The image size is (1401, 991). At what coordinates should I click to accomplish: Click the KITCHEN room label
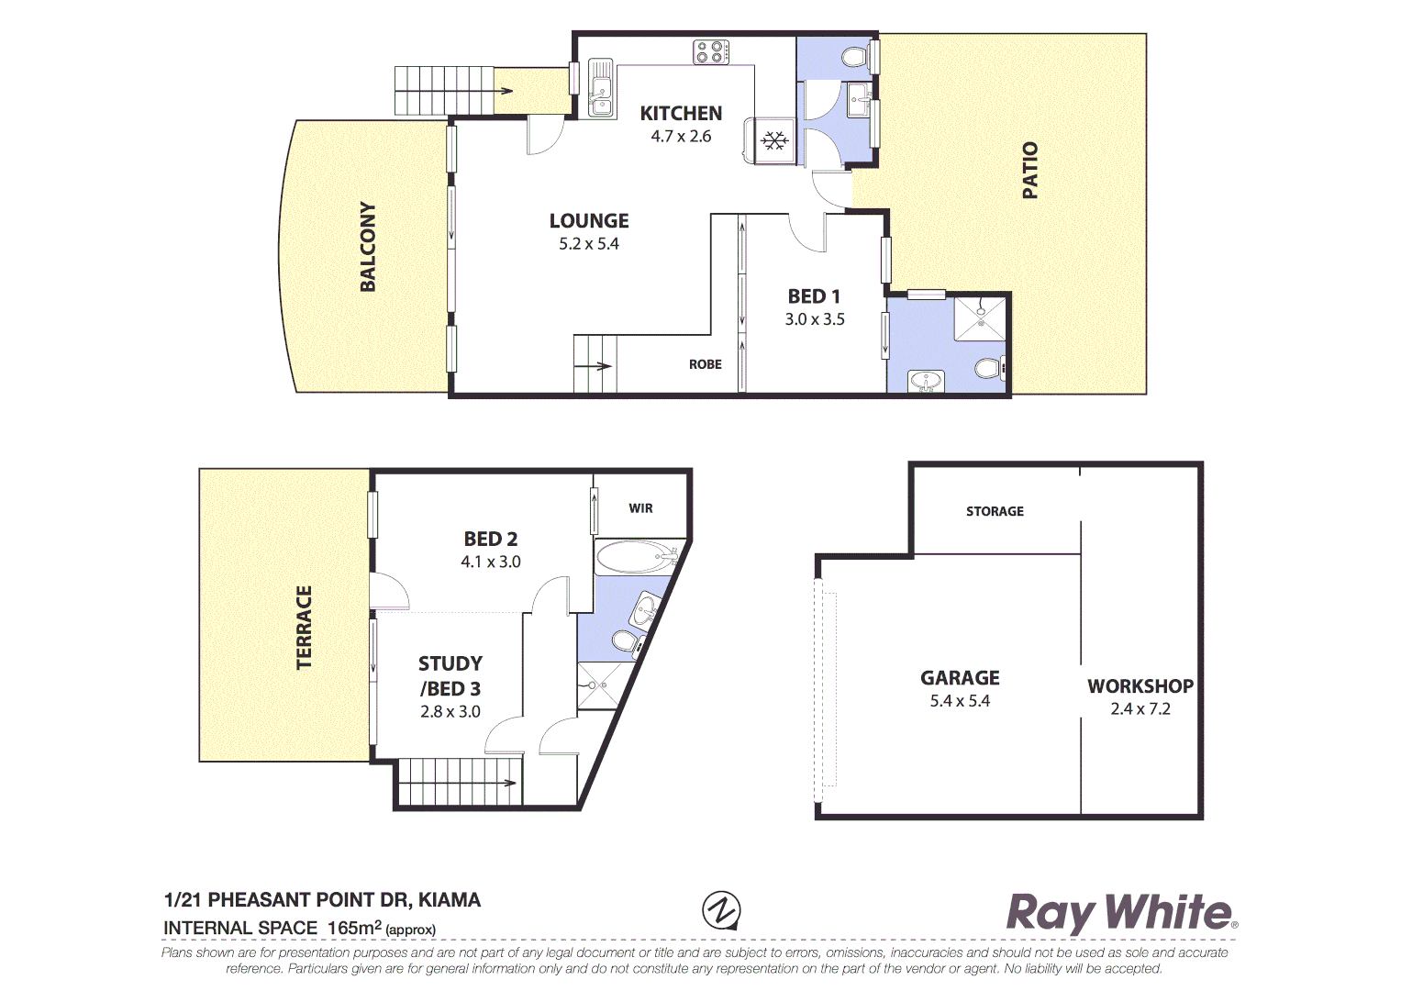click(x=681, y=114)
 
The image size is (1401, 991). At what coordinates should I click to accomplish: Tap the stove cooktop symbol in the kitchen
click(x=710, y=52)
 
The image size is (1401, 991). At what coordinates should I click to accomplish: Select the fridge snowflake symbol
click(x=775, y=140)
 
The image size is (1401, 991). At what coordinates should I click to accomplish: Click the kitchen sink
click(x=601, y=89)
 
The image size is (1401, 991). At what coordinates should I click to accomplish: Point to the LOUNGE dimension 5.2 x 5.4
click(x=589, y=244)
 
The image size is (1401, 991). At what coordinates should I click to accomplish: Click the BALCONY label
click(x=368, y=247)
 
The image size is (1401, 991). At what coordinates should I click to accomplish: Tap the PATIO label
click(x=1030, y=170)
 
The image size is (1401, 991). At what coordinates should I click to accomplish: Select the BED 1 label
click(x=814, y=296)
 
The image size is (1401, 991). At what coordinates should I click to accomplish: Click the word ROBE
click(x=705, y=364)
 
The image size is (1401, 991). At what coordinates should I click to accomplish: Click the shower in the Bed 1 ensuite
click(x=981, y=317)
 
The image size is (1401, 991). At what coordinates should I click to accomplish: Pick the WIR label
click(x=640, y=508)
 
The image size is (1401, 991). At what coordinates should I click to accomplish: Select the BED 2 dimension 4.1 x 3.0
click(x=490, y=562)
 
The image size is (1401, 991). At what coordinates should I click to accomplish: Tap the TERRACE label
click(x=304, y=627)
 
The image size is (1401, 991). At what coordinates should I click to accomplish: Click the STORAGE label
click(x=995, y=511)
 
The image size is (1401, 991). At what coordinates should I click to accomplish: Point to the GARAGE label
click(x=960, y=678)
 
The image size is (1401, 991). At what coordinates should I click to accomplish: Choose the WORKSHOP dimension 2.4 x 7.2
click(x=1140, y=708)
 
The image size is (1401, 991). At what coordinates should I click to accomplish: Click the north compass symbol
click(x=721, y=910)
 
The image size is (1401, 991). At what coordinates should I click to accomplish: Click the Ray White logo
click(x=1121, y=913)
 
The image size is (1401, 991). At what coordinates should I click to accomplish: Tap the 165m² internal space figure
click(x=354, y=928)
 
